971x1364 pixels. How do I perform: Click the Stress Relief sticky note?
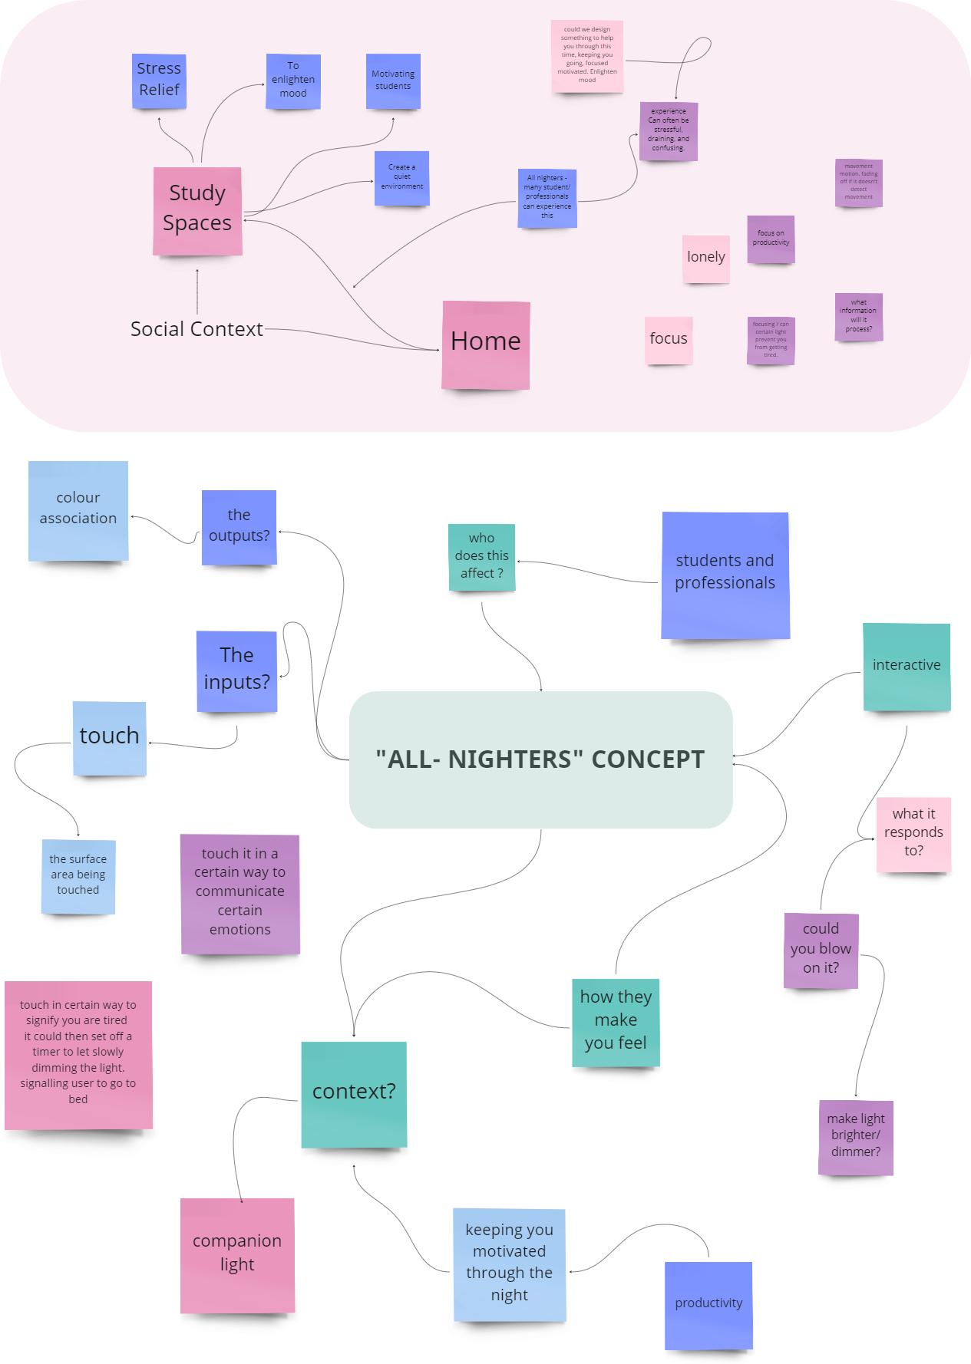click(159, 80)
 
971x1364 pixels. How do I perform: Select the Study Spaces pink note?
click(197, 210)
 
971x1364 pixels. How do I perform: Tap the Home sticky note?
click(486, 344)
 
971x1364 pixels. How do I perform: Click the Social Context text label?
click(197, 329)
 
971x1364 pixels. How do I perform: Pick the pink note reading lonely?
click(706, 259)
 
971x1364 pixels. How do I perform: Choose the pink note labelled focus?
click(669, 339)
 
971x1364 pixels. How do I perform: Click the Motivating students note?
click(393, 81)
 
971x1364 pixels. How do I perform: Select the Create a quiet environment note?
click(401, 178)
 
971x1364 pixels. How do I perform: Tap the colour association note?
click(78, 510)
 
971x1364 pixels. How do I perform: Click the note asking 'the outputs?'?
click(239, 527)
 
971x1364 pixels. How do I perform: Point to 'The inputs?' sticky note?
click(236, 670)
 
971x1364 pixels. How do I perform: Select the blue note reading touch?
click(110, 737)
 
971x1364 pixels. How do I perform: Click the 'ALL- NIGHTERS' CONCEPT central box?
click(540, 759)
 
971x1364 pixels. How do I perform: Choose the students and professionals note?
click(725, 575)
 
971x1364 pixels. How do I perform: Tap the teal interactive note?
click(907, 666)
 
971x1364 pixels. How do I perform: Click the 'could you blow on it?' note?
click(821, 950)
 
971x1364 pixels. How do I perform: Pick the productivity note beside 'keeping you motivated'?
click(708, 1305)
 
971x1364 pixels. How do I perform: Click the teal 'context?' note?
click(354, 1093)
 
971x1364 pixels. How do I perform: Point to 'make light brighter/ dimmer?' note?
click(856, 1137)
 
